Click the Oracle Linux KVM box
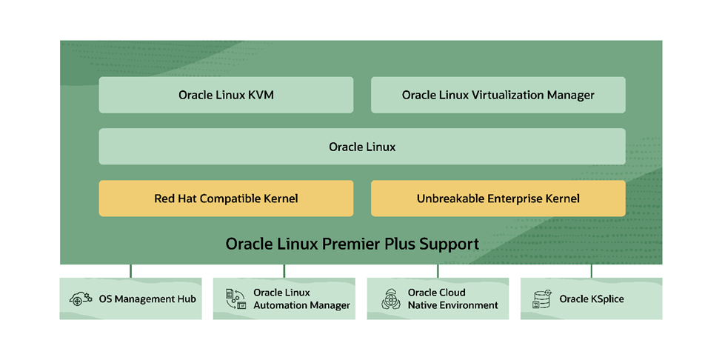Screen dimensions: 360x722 [226, 95]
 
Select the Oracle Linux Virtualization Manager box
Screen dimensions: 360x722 [498, 95]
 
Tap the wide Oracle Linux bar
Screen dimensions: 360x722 [361, 147]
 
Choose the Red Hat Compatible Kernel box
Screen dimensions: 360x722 [226, 199]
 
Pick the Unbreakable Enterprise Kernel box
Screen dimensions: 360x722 [498, 199]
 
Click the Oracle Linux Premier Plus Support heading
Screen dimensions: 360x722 [352, 244]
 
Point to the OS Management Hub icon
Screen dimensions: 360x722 [81, 299]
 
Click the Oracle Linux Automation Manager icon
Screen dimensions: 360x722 [235, 299]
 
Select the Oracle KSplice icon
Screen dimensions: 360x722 [542, 299]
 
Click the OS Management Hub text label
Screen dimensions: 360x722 [147, 299]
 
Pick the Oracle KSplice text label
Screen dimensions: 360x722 [592, 299]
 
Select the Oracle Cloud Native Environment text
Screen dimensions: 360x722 [452, 299]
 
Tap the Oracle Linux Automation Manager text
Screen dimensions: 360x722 [301, 299]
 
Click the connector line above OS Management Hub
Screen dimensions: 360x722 [130, 271]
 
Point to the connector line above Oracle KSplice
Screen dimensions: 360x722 [591, 271]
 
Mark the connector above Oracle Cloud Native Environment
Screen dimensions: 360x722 [438, 271]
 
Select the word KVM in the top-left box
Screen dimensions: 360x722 [261, 95]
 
